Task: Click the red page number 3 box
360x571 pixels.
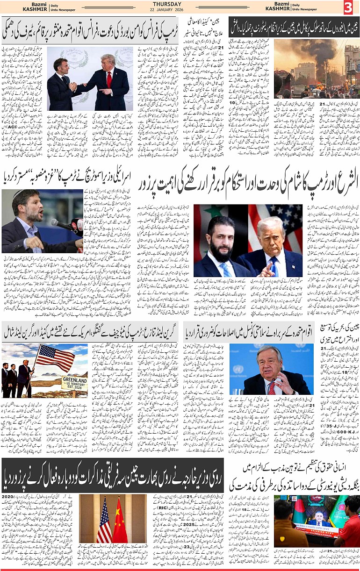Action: [x=349, y=8]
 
